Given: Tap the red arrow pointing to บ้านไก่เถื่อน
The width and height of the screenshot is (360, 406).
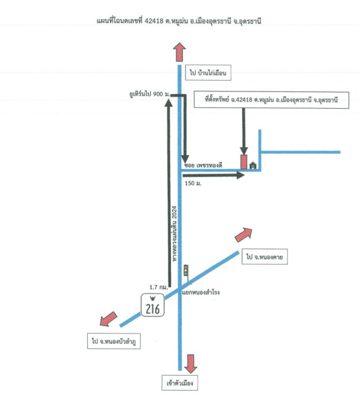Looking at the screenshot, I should click(179, 52).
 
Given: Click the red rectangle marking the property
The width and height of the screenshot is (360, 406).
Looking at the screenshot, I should click(244, 161).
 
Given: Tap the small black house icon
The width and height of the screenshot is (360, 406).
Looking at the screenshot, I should click(253, 164).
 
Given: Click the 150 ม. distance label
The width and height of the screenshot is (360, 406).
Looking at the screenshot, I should click(193, 183).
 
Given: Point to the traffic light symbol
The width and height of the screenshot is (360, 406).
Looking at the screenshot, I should click(186, 270).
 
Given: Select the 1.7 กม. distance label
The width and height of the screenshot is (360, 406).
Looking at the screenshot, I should click(159, 287).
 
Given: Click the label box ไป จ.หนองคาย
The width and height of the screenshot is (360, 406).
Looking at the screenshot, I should click(265, 258).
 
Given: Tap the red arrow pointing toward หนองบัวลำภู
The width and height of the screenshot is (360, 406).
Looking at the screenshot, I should click(107, 320).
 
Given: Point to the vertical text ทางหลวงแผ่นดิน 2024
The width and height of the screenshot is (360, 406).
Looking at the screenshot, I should click(174, 233).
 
